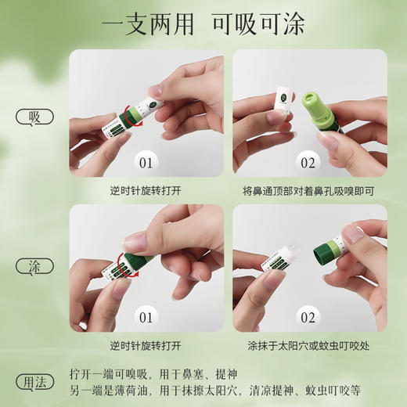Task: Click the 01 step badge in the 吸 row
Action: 146,163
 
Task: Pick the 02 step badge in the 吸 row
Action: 308,163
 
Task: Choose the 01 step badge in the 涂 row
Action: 146,318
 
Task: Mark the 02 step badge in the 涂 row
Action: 308,318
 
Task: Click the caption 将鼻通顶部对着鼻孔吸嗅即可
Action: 308,190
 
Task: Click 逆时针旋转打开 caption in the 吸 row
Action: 146,190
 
